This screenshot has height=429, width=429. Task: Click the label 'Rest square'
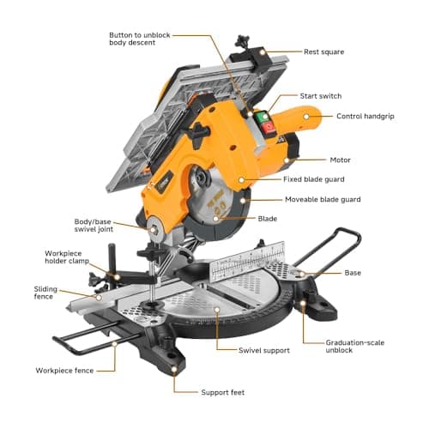tap(323, 51)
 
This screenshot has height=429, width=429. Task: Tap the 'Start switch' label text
tap(321, 95)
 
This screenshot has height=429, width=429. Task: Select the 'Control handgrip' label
tap(365, 116)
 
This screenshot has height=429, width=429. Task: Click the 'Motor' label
tap(340, 160)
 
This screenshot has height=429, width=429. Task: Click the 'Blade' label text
tap(268, 218)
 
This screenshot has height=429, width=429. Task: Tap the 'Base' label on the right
tap(353, 273)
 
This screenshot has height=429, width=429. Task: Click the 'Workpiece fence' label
tap(64, 370)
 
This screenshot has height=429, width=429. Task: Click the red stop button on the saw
tap(268, 127)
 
